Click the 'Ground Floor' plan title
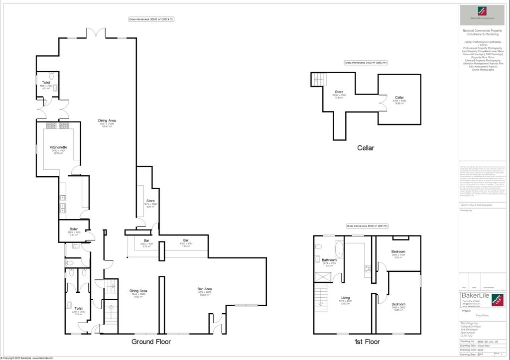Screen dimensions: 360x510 coord(151,342)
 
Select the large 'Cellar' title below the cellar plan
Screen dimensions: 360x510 coord(365,148)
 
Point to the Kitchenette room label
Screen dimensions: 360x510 coord(58,147)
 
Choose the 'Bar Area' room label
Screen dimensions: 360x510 coord(205,289)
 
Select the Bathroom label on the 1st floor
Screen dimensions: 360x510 coord(329,260)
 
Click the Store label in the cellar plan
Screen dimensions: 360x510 coord(339,92)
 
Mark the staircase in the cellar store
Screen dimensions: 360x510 coord(318,79)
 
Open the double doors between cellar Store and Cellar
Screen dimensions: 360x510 coord(382,105)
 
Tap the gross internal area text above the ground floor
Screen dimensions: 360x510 coord(151,19)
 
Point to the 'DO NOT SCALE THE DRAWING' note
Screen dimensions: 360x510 coord(475,205)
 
